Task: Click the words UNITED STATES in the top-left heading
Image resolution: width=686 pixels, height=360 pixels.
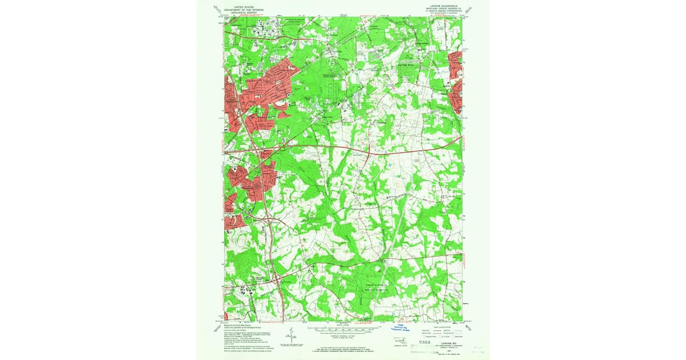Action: tap(239, 7)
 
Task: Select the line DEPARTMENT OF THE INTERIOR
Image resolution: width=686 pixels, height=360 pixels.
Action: tap(239, 10)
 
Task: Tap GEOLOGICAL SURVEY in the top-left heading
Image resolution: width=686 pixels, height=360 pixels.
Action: tap(239, 13)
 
